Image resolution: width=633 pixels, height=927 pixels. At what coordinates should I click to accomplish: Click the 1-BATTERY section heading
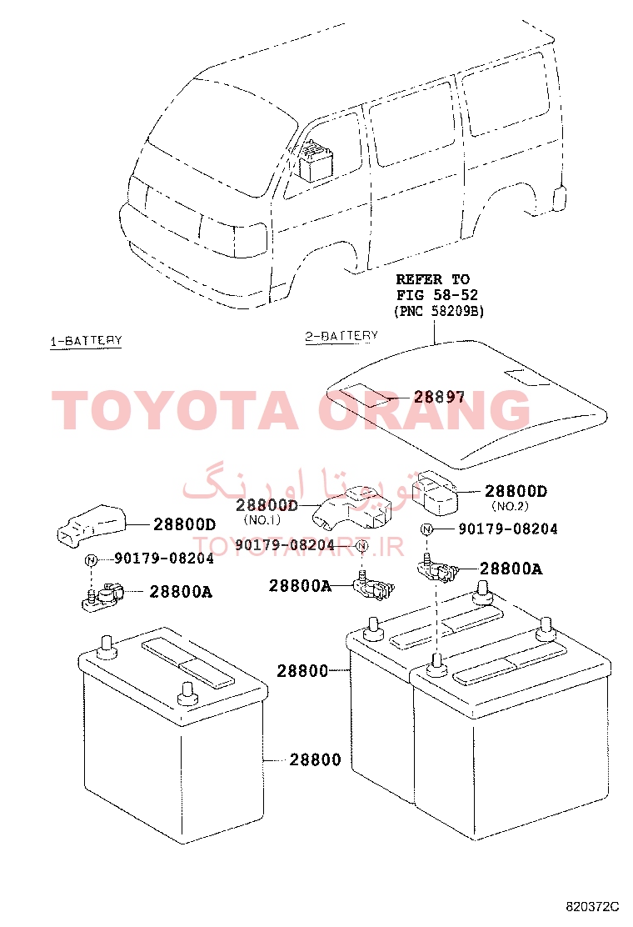[x=86, y=341]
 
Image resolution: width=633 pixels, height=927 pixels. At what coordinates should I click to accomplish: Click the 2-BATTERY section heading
[x=341, y=336]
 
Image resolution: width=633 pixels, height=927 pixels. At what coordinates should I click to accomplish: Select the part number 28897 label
[x=439, y=397]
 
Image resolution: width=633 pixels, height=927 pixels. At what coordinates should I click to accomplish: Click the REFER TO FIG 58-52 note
[x=437, y=287]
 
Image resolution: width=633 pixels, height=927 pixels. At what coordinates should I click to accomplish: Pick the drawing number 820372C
[x=591, y=906]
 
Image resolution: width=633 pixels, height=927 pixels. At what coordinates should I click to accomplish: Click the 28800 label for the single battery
[x=315, y=759]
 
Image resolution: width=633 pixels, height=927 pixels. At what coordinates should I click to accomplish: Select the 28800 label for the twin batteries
[x=302, y=671]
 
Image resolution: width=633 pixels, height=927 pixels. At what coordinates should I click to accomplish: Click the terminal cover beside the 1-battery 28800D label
[x=91, y=524]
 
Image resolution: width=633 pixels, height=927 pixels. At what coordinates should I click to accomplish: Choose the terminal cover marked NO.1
[x=352, y=508]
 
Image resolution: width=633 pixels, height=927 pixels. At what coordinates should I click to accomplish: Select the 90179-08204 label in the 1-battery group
[x=164, y=559]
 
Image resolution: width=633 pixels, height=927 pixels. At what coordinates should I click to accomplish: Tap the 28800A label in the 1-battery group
[x=181, y=592]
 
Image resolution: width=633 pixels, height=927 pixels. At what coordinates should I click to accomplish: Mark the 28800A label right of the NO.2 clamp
[x=511, y=569]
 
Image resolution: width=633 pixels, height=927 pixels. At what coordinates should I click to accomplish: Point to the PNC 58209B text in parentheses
[x=439, y=311]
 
